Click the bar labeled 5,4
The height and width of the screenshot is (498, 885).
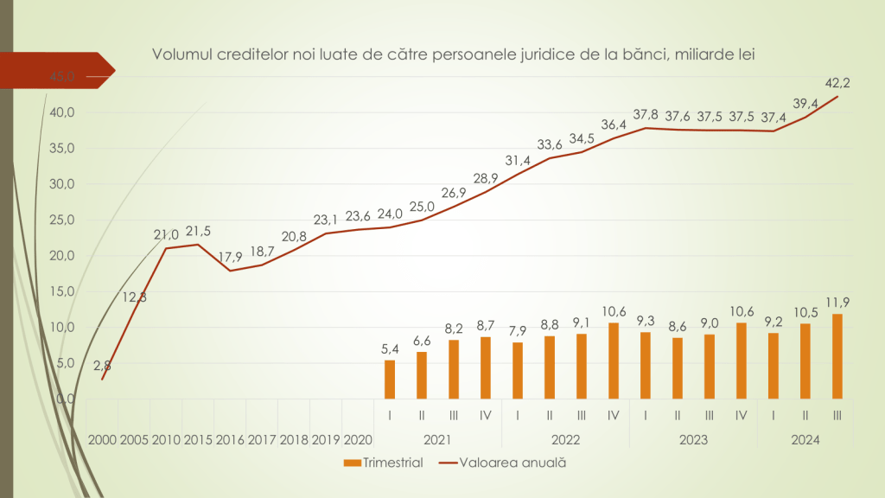pos(390,380)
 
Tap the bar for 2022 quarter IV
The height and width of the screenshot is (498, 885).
pos(613,361)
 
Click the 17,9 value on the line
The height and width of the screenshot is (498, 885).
pos(229,257)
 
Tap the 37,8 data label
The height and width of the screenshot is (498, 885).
pos(645,114)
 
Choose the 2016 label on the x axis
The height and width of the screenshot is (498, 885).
pos(230,440)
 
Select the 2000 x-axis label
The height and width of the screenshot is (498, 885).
pos(102,440)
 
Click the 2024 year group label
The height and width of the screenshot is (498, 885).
pos(805,440)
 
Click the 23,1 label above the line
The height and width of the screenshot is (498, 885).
pos(325,220)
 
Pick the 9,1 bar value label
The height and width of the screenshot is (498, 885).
pos(581,323)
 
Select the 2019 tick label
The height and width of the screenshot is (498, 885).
pos(325,440)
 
